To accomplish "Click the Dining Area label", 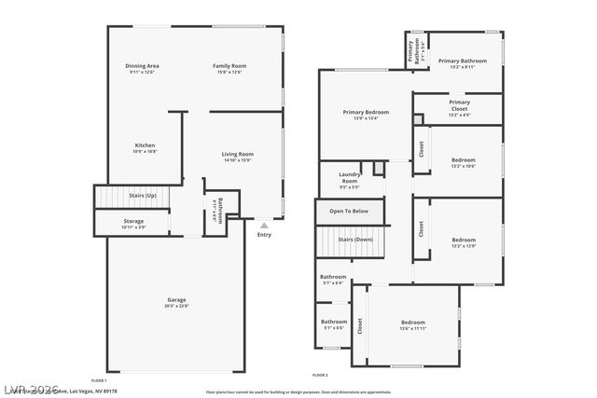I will pos(143,66).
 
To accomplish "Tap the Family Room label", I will pos(229,66).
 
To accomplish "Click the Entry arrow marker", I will pos(264,225).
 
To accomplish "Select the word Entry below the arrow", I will pos(264,234).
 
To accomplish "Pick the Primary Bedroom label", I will pos(358,112).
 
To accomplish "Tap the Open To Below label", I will pos(349,211).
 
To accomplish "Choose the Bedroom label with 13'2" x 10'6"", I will pos(464,160).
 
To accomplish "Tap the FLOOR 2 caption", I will pos(320,374).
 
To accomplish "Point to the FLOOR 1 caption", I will pos(99,380).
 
